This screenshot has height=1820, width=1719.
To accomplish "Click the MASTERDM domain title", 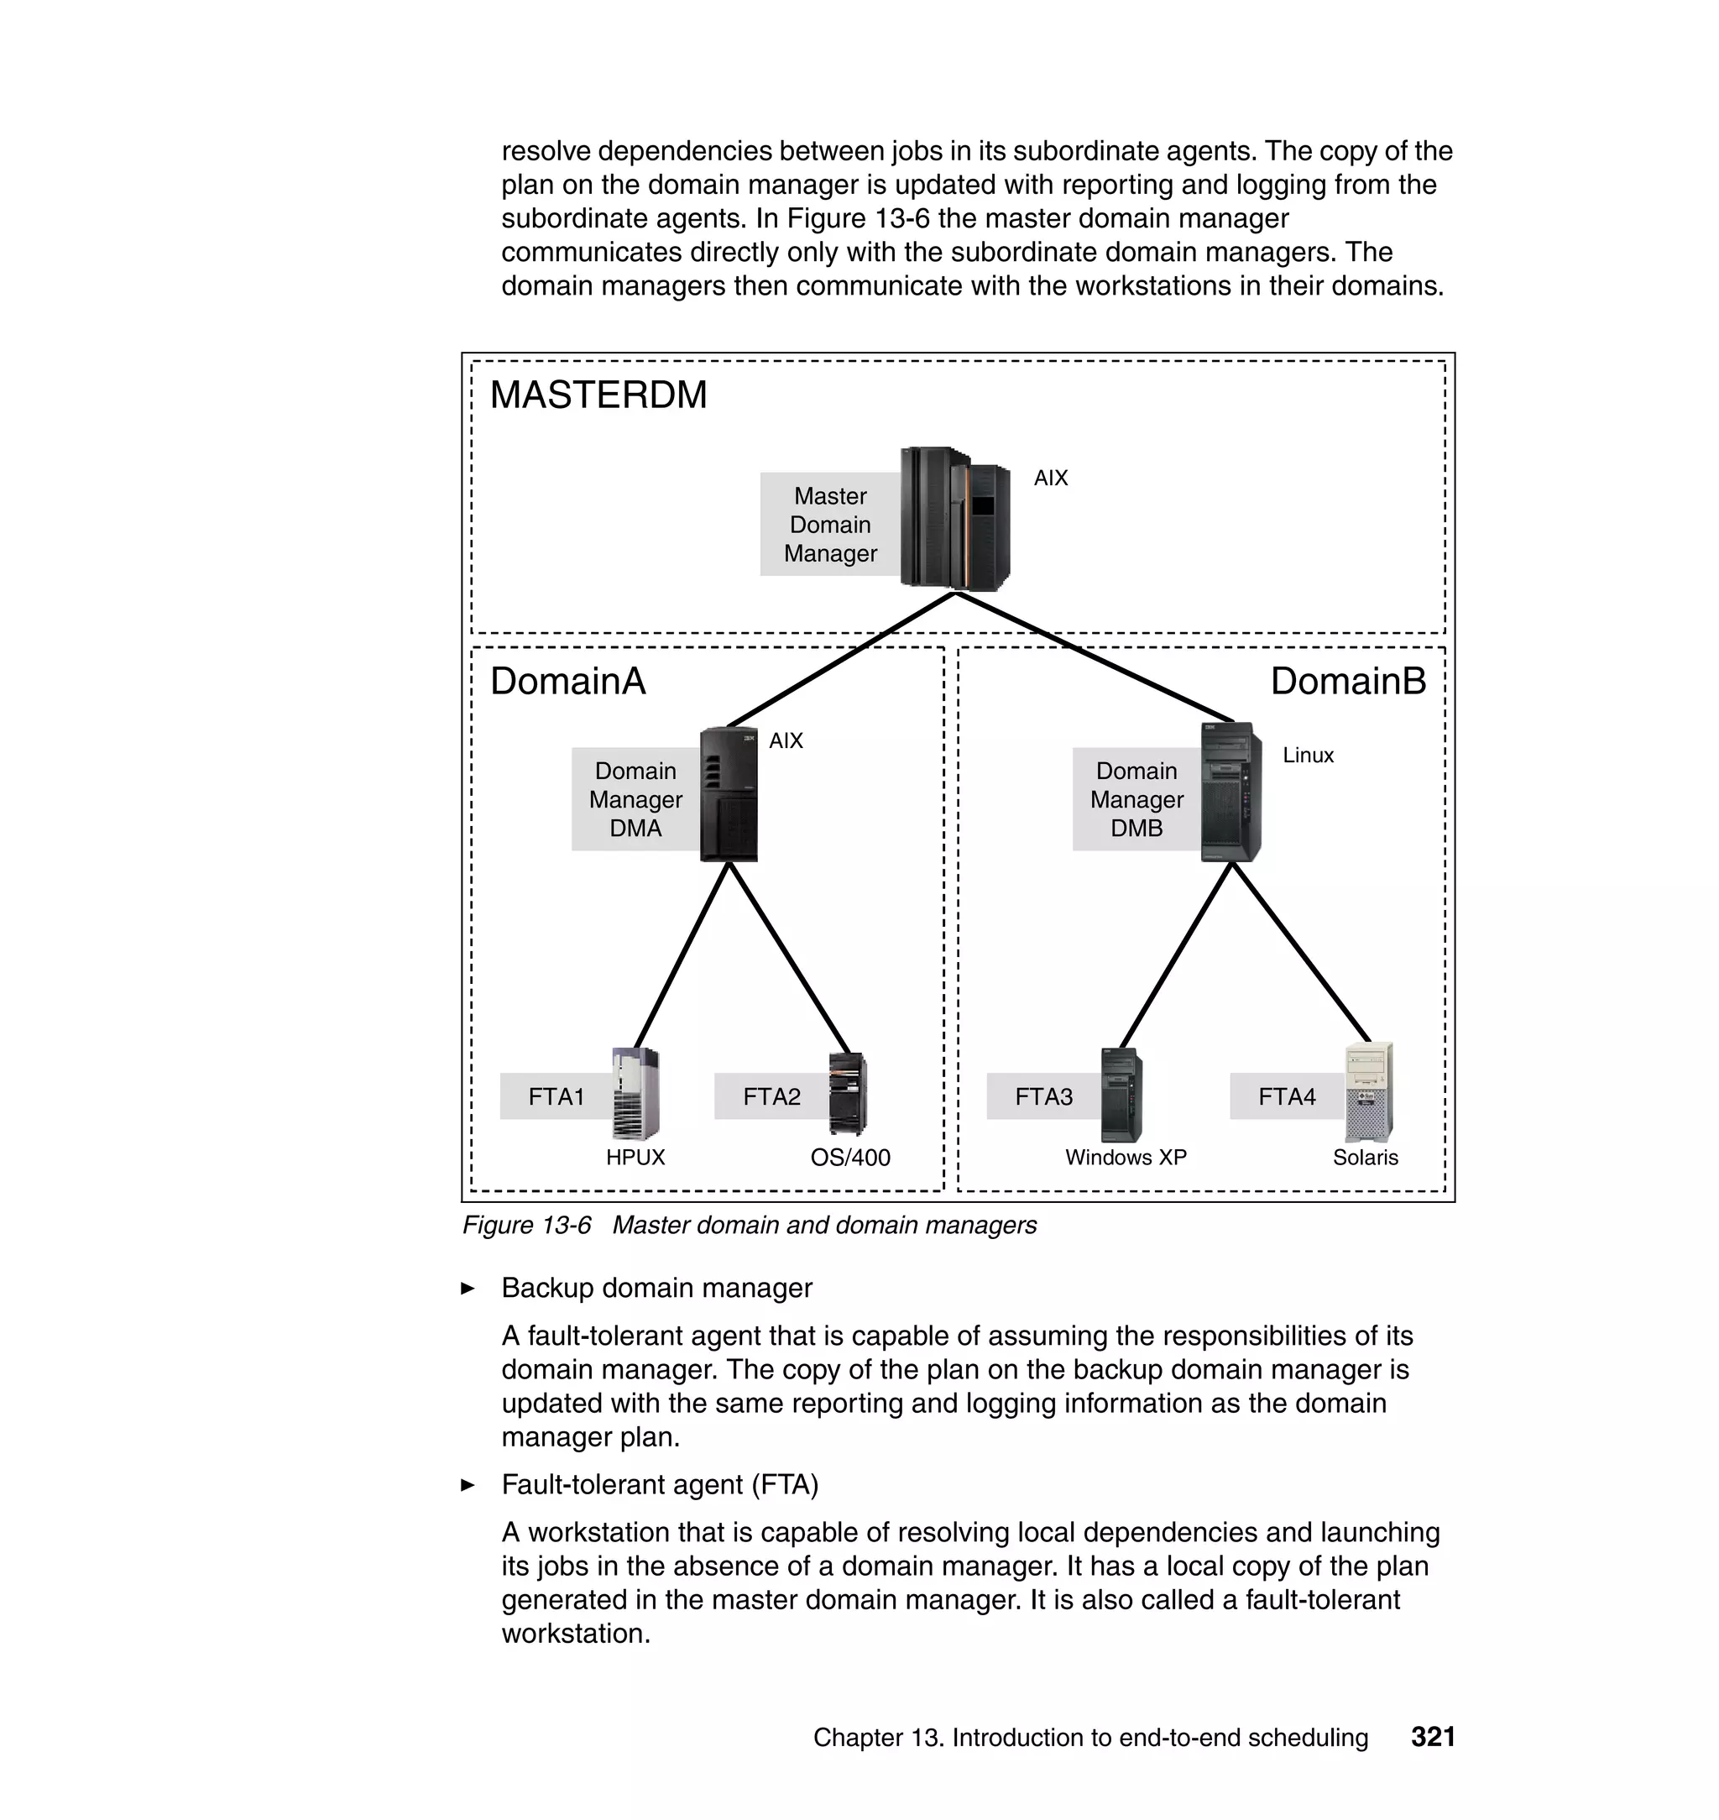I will tap(598, 395).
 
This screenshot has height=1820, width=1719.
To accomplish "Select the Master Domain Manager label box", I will tap(829, 524).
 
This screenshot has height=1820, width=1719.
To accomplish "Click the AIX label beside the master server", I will tap(1050, 478).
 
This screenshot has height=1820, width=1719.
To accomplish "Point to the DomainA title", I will tap(567, 681).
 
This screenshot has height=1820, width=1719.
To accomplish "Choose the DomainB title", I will tap(1347, 681).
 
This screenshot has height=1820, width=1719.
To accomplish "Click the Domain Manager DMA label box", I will tap(635, 799).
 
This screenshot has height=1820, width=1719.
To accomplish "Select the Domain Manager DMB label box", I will tap(1136, 799).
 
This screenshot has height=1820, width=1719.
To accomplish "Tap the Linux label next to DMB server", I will tap(1308, 756).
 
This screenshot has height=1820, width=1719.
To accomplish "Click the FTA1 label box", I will tap(556, 1096).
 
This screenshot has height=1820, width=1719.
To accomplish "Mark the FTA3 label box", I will tap(1042, 1096).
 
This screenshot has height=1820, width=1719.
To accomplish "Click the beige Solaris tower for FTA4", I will tap(1368, 1091).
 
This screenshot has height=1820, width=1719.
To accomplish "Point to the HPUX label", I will tap(635, 1158).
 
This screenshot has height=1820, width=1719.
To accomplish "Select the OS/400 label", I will tap(849, 1158).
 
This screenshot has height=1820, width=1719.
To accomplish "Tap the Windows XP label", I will tap(1126, 1158).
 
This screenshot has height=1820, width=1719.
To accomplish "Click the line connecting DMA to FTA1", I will tap(682, 954).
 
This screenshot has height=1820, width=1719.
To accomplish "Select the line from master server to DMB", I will tap(1095, 657).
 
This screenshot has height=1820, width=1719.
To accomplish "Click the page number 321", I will tap(1432, 1737).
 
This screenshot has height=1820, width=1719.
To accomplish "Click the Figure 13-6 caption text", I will tap(749, 1226).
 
